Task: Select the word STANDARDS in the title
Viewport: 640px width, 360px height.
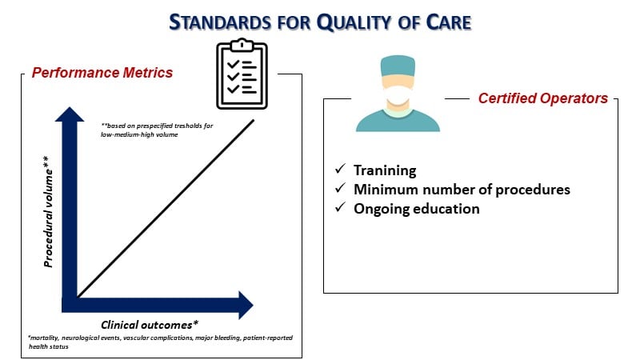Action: click(x=220, y=22)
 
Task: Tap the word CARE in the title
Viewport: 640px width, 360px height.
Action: click(x=449, y=22)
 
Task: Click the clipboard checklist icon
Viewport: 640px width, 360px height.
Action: click(x=242, y=74)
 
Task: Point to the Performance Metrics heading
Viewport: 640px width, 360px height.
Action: click(x=102, y=73)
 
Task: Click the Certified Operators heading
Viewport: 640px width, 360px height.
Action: click(x=543, y=98)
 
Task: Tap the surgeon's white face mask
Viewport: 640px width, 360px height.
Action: click(x=398, y=96)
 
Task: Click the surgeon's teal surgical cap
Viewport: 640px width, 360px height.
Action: click(x=398, y=66)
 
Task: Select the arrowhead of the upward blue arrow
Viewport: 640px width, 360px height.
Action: click(x=70, y=114)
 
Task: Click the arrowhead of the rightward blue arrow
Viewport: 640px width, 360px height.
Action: click(x=246, y=305)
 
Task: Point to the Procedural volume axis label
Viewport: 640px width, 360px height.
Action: click(x=48, y=211)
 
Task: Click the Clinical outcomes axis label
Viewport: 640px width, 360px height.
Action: click(x=150, y=325)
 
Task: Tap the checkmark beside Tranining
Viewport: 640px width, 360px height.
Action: click(x=340, y=169)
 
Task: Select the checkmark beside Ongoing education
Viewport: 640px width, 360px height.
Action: click(x=340, y=207)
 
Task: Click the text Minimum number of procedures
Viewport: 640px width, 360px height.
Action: click(x=462, y=190)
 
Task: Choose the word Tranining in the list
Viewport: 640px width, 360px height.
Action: click(x=385, y=170)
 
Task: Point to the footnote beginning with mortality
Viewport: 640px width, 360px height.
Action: click(x=161, y=342)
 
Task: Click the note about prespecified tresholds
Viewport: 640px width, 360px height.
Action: click(x=157, y=130)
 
